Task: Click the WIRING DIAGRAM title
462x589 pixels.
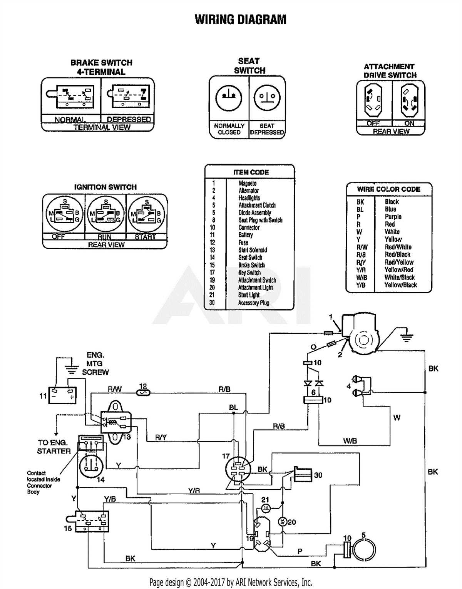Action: pyautogui.click(x=240, y=19)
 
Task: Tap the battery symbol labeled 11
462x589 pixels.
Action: pyautogui.click(x=62, y=395)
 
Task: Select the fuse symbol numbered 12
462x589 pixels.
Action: pyautogui.click(x=143, y=393)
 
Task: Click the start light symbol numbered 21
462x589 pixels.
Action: pyautogui.click(x=266, y=509)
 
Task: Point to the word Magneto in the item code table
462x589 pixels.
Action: pyautogui.click(x=247, y=184)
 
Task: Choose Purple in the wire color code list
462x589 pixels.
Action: pyautogui.click(x=393, y=217)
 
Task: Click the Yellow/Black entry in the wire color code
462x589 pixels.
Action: pyautogui.click(x=400, y=285)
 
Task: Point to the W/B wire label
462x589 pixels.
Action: pyautogui.click(x=350, y=441)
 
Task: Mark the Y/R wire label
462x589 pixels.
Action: pyautogui.click(x=194, y=491)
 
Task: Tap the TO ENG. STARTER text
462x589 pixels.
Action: pyautogui.click(x=54, y=447)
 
